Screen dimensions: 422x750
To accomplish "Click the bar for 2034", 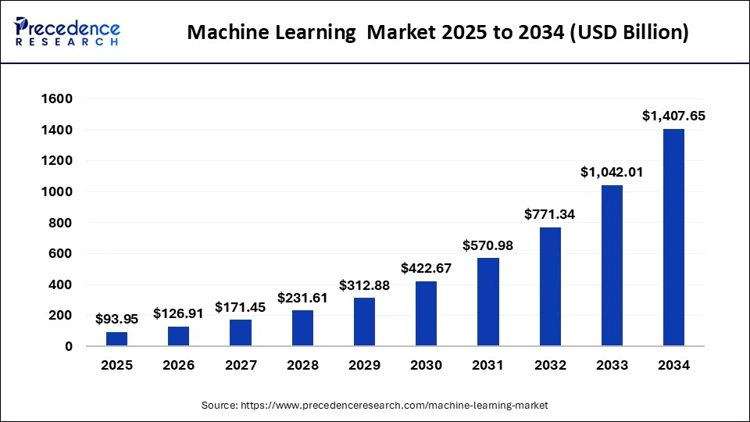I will click(x=673, y=238).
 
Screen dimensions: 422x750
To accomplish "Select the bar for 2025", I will click(x=117, y=339).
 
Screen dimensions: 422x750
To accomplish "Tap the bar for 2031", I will click(x=488, y=302).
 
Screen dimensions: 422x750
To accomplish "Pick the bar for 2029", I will click(x=364, y=322).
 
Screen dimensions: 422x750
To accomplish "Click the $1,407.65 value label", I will click(x=673, y=116).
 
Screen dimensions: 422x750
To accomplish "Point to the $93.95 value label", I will click(x=117, y=319).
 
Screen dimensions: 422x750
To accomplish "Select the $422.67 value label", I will click(x=427, y=268).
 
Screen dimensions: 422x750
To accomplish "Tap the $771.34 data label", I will click(x=550, y=214).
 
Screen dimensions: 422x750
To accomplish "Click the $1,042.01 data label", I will click(x=612, y=172).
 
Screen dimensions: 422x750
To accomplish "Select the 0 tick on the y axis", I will click(x=68, y=346).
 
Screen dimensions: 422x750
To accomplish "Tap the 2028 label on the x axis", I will click(x=302, y=365).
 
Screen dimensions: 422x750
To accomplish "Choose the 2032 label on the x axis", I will click(x=550, y=365).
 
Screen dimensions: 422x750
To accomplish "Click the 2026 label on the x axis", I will click(x=179, y=365).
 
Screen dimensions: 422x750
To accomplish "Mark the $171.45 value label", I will click(x=241, y=307).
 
